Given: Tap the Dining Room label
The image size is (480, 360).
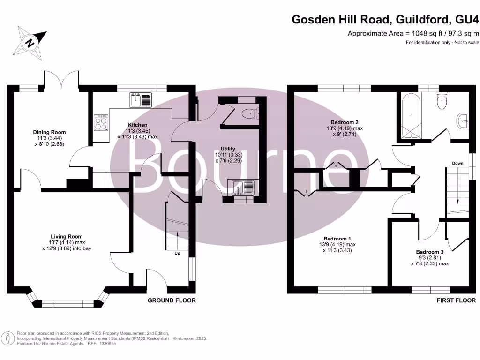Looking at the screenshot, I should tap(49, 132).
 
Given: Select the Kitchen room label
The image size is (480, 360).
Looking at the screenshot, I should tap(137, 125).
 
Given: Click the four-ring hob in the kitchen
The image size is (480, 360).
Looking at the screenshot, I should tap(101, 122).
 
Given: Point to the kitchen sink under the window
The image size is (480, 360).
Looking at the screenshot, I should tap(141, 100).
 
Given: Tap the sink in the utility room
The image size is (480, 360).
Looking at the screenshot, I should tap(241, 187).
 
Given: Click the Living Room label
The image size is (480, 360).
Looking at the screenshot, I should tap(67, 237).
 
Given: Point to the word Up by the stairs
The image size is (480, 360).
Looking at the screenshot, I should tap(177, 254).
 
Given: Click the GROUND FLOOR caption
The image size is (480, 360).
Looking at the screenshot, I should tap(172, 300).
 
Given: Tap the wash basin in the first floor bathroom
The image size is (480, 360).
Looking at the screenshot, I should tap(463, 121).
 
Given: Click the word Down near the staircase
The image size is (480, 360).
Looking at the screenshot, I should tap(458, 163).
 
